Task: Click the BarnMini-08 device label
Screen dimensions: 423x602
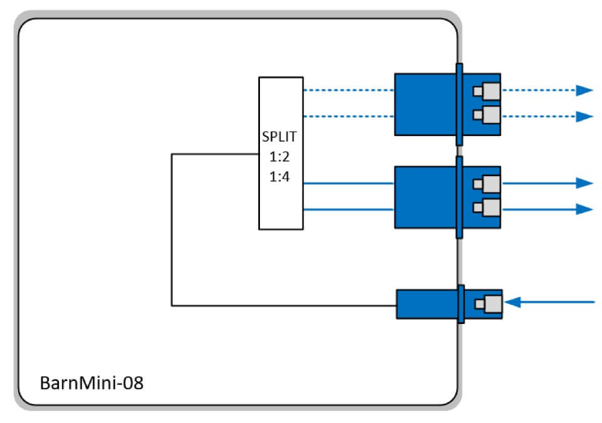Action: [x=91, y=382]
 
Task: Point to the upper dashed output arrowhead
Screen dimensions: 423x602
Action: [x=584, y=90]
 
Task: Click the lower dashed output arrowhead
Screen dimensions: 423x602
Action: [x=584, y=117]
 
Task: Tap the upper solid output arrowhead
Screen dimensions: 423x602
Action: [x=584, y=183]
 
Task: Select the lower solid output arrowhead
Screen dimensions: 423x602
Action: [x=584, y=209]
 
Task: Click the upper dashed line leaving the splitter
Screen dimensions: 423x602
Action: [x=348, y=90]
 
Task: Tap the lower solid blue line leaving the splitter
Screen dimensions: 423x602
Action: [x=348, y=209]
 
